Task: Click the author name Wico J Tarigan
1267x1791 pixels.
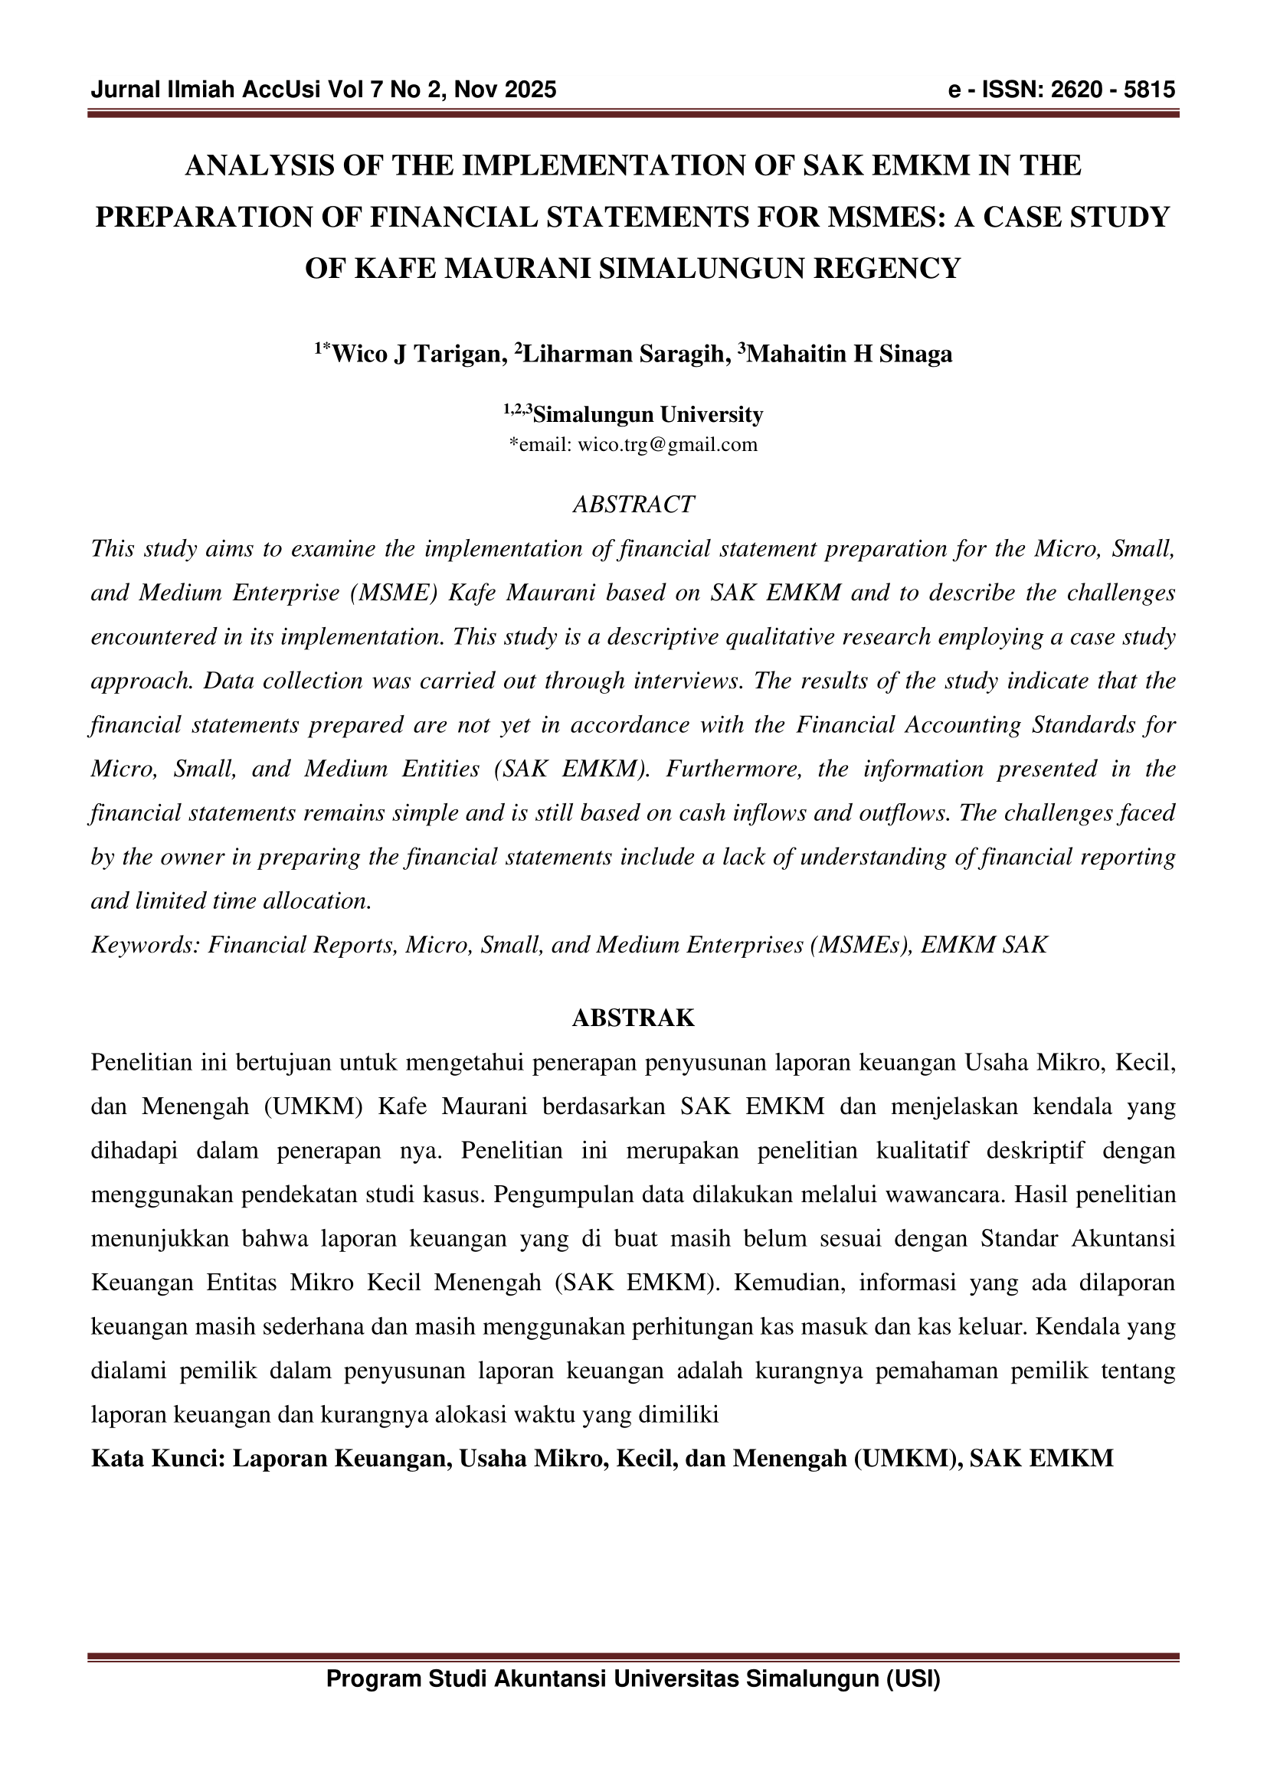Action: coord(416,355)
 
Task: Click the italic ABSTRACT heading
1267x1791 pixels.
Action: coord(633,505)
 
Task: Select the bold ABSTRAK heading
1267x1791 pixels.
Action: coord(633,1018)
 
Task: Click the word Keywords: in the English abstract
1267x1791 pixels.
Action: coord(146,946)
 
